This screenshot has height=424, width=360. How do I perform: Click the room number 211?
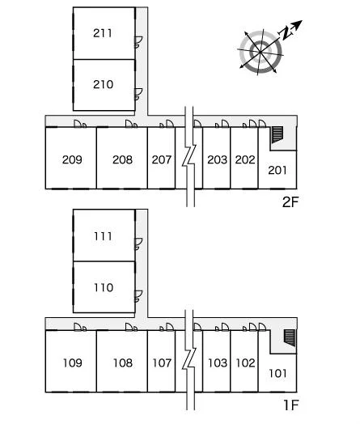click(x=103, y=33)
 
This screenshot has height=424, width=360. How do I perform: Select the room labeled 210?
click(x=103, y=84)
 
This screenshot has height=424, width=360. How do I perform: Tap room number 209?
click(x=72, y=159)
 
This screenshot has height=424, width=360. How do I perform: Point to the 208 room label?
click(x=122, y=159)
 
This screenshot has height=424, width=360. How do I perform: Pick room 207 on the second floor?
click(x=162, y=159)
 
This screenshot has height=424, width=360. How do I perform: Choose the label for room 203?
click(x=217, y=159)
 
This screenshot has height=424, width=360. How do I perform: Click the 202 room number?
click(x=245, y=159)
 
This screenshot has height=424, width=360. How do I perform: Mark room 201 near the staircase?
click(x=277, y=170)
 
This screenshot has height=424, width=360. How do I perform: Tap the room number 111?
click(x=103, y=236)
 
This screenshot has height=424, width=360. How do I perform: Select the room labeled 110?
click(x=104, y=287)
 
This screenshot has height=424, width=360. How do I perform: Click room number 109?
click(x=73, y=363)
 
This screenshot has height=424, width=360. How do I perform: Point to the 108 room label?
click(x=123, y=363)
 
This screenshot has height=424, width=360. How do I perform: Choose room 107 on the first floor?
click(x=162, y=363)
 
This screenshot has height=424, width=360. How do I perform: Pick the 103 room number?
click(x=218, y=363)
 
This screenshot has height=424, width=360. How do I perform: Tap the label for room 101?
click(x=277, y=374)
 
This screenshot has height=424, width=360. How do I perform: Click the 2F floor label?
click(x=290, y=201)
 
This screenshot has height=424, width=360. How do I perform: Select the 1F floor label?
click(x=291, y=405)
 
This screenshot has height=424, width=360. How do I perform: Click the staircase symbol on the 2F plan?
click(x=277, y=134)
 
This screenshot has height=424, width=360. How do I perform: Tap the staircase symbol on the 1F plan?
click(x=290, y=337)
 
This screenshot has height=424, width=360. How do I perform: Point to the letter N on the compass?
click(x=286, y=33)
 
